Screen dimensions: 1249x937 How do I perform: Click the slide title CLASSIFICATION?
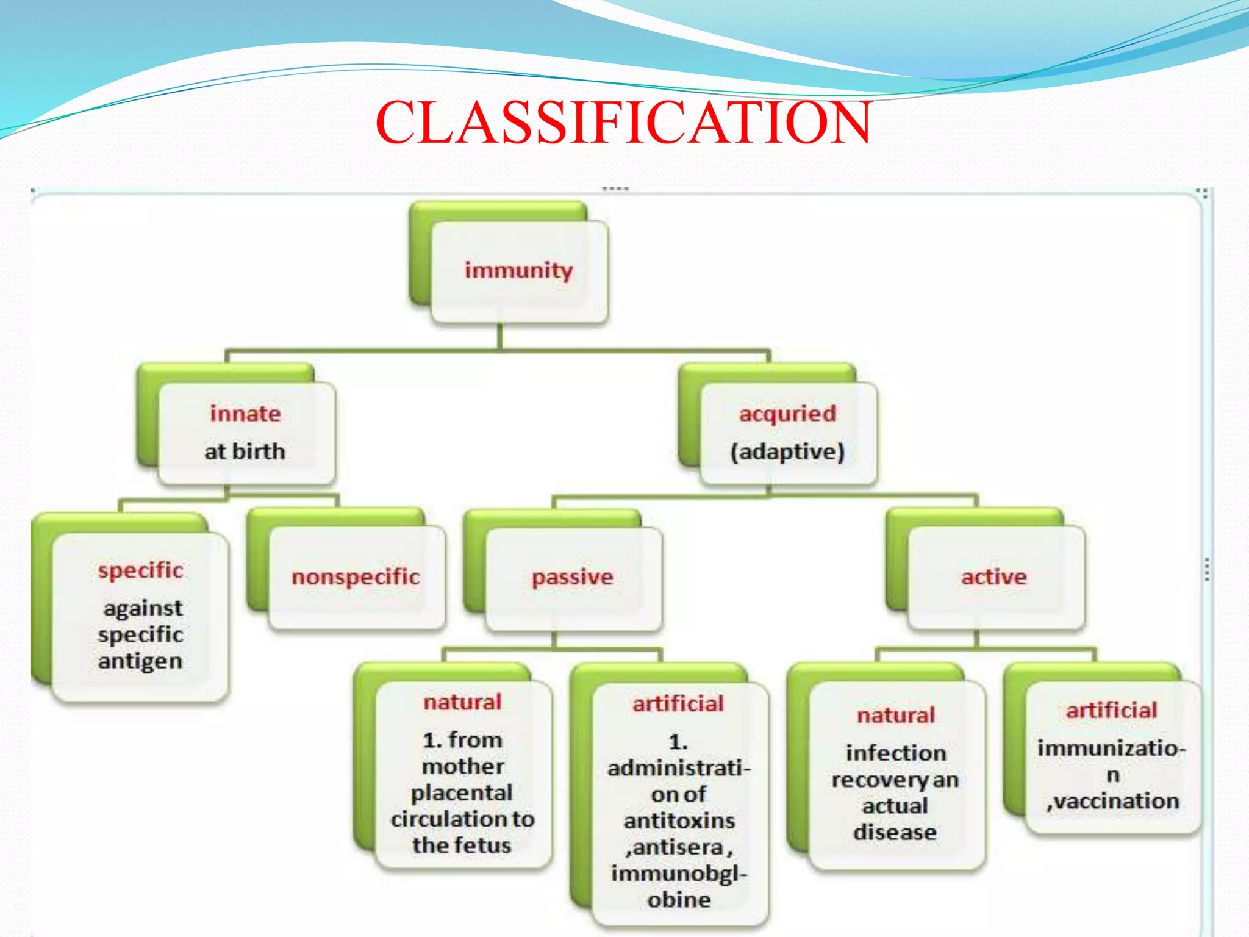623,123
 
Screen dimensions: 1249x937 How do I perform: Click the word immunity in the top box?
518,270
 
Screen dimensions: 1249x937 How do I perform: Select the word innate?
245,414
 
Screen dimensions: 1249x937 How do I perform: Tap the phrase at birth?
245,451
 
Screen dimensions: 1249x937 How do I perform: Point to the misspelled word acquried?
787,414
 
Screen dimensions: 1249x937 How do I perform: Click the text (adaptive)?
787,451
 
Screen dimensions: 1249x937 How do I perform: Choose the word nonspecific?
356,576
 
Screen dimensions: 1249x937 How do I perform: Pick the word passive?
572,576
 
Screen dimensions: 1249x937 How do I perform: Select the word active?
994,576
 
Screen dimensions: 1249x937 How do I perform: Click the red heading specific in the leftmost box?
140,570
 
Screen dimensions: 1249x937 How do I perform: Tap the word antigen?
140,661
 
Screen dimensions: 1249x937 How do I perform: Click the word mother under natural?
463,766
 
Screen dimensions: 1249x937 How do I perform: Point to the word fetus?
489,845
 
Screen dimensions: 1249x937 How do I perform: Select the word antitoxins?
679,820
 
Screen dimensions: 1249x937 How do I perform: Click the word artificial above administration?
678,704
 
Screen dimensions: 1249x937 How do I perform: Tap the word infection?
895,753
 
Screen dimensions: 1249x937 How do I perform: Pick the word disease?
895,832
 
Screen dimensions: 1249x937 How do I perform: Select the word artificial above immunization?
1111,710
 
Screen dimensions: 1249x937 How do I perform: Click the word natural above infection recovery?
895,715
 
